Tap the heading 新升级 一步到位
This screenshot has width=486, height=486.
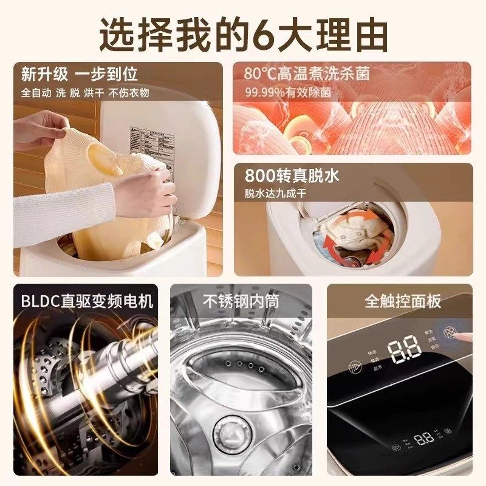[x=79, y=74]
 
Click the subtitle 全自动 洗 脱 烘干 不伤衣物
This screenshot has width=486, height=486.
[x=85, y=93]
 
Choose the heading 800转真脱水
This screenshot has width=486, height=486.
[x=292, y=176]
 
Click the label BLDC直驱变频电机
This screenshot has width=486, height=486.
[x=86, y=301]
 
